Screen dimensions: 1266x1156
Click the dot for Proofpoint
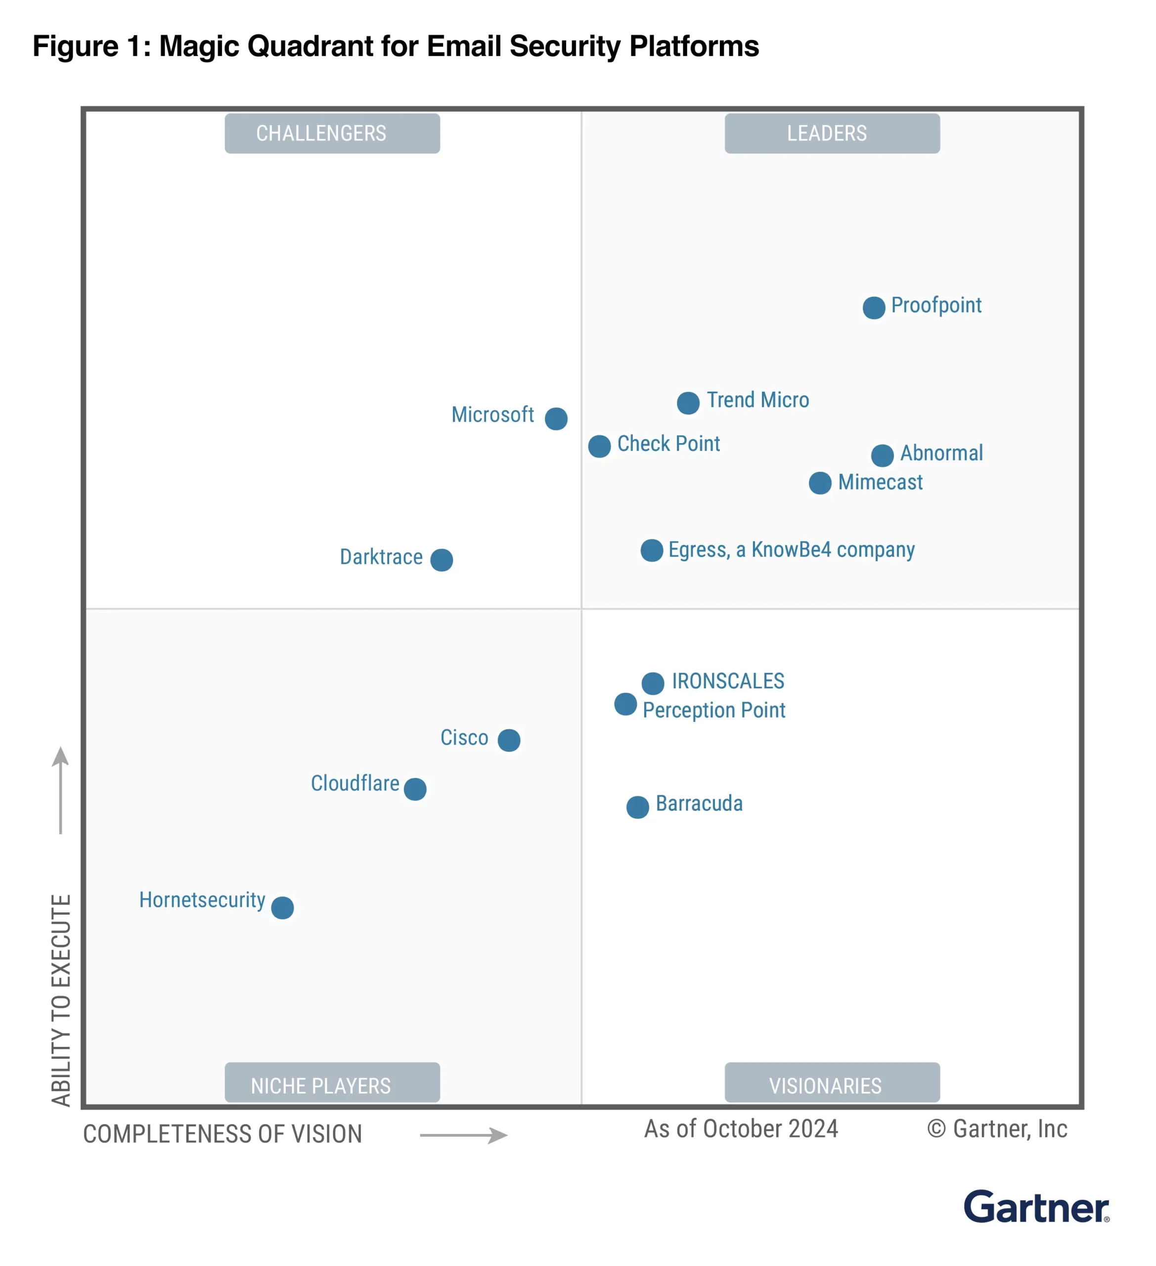874,308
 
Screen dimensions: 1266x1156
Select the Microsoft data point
556,418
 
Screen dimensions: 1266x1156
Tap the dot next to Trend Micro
688,403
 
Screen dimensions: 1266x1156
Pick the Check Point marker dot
599,447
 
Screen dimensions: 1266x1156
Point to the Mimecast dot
820,483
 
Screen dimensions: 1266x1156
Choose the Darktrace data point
442,559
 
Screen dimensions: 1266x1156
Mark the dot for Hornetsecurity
282,907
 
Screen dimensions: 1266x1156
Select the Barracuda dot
637,807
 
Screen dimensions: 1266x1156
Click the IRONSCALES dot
653,683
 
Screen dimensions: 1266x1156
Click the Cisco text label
464,738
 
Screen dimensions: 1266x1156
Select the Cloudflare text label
355,784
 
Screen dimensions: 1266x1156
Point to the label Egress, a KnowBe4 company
791,550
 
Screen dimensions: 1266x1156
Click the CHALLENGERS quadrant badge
332,133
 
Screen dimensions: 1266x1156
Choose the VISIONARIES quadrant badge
832,1085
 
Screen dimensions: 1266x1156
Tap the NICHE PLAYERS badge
332,1085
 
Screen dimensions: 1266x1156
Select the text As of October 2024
741,1129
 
